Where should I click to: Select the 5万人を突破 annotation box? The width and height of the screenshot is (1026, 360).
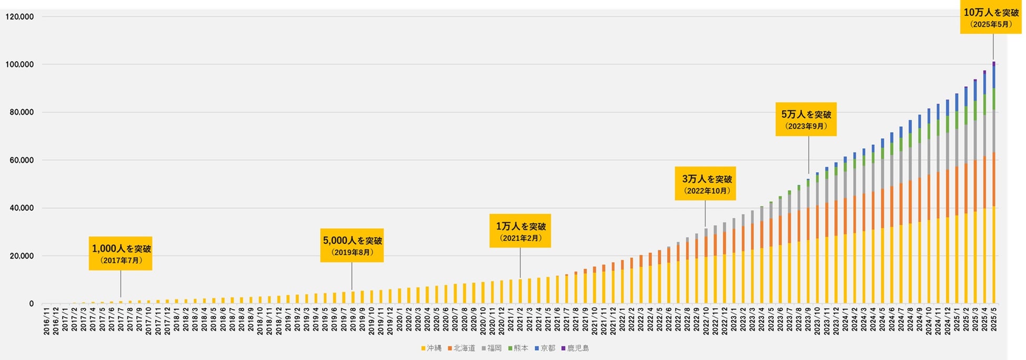click(806, 120)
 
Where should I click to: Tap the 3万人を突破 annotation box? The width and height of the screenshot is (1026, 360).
click(705, 184)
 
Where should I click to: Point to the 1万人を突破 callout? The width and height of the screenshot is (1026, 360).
click(520, 231)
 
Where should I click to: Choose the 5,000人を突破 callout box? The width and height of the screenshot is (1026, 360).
click(351, 245)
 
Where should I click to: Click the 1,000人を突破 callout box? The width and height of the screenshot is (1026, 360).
click(120, 254)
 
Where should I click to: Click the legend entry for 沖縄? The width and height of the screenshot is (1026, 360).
click(431, 348)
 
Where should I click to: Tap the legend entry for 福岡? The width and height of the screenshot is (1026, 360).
click(491, 348)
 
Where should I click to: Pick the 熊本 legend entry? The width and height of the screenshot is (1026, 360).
click(518, 348)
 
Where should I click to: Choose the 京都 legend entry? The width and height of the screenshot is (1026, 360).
click(545, 348)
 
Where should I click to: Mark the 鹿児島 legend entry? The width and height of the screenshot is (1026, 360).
click(575, 348)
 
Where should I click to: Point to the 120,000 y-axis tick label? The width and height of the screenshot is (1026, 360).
click(19, 17)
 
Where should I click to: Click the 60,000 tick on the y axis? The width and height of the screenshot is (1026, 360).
click(22, 161)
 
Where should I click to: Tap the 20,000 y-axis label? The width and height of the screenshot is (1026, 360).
click(22, 256)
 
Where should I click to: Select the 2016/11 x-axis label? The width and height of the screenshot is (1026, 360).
click(47, 321)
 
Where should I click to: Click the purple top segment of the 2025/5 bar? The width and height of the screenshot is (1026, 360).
click(994, 63)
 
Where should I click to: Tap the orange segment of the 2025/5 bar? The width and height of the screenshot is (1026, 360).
click(994, 179)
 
